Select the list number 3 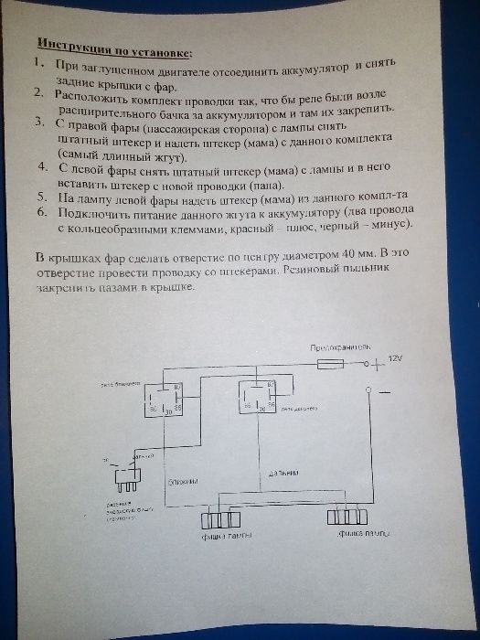point(38,123)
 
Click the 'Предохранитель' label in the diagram point(341,348)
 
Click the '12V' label point(395,357)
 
